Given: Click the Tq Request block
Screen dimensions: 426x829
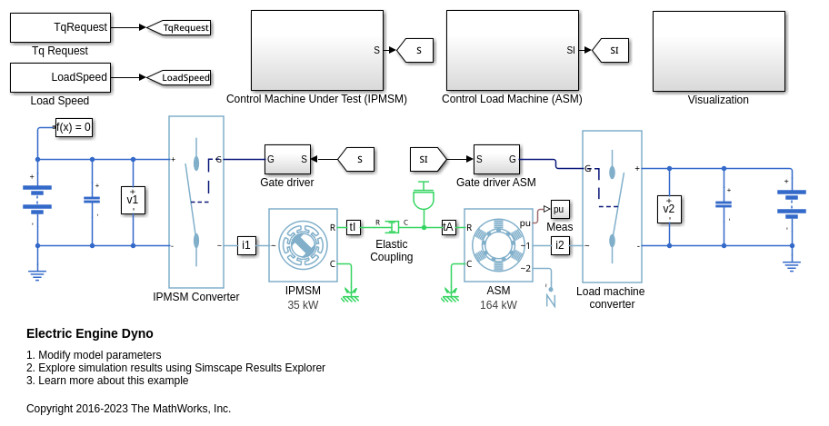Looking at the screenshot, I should (60, 27).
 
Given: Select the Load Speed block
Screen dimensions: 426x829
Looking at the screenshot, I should (60, 77).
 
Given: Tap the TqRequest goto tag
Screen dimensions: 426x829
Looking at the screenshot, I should (179, 27).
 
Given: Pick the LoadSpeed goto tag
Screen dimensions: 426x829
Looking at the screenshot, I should (179, 77).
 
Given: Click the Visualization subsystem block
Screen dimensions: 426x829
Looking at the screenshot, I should (718, 51).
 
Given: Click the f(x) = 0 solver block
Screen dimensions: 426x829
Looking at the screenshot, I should (74, 127).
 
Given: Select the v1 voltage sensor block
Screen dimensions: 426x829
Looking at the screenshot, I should (133, 200).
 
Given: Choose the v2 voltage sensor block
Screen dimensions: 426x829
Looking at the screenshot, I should (669, 208).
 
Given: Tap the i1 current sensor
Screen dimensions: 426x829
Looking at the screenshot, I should (246, 244).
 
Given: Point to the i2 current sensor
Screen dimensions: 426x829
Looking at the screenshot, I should (560, 244).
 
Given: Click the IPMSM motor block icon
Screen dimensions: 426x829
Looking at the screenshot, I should (303, 245).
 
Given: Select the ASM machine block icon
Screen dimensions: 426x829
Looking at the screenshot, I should (498, 245).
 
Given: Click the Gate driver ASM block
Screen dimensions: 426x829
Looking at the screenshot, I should (496, 159).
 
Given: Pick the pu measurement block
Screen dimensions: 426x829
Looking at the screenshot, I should (559, 208).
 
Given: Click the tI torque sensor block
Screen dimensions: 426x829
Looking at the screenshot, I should (354, 227).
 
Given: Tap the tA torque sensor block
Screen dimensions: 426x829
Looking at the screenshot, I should (448, 227).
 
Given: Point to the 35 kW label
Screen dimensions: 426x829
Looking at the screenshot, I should (303, 305).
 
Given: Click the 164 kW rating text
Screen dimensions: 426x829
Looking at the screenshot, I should (498, 305).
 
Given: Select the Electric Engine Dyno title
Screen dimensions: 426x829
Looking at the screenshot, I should (90, 333).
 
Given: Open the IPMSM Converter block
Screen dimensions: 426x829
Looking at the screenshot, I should (196, 200).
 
